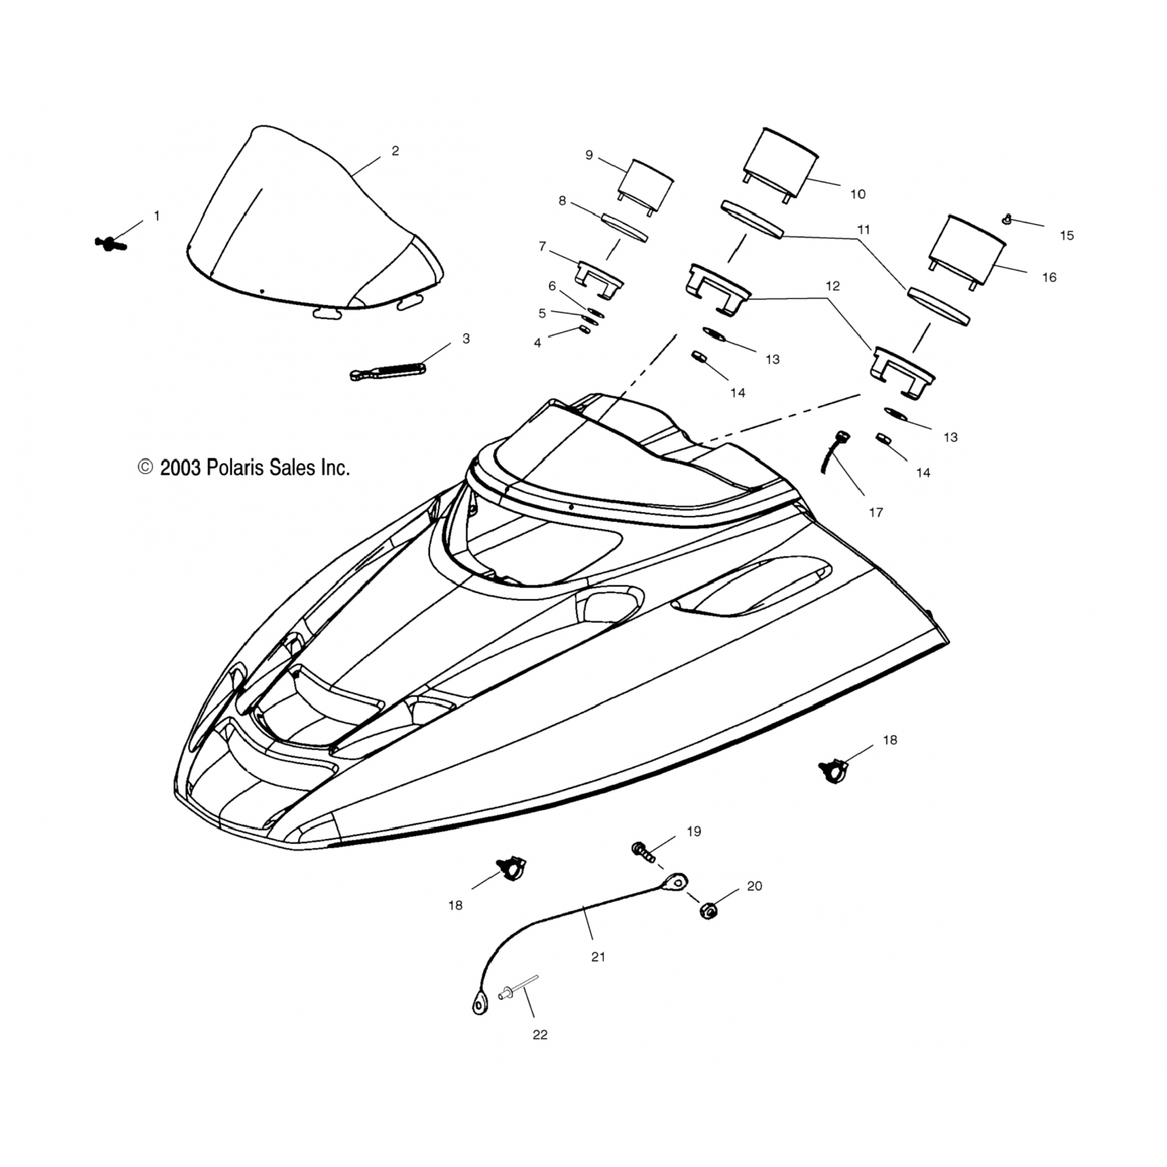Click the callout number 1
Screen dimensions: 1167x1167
click(156, 216)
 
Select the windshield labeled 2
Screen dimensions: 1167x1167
click(311, 233)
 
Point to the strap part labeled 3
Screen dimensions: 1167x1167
click(387, 370)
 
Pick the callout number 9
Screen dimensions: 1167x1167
click(589, 155)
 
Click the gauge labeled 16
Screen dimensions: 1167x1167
click(965, 251)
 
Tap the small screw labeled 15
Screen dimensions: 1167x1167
click(1008, 219)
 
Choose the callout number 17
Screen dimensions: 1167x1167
click(876, 512)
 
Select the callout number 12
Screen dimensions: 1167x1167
click(832, 286)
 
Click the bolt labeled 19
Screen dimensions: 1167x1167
click(642, 850)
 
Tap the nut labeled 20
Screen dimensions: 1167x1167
click(708, 910)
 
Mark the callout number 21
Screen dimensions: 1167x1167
click(598, 957)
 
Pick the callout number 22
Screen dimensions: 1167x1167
click(540, 1035)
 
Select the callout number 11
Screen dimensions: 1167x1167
click(864, 230)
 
